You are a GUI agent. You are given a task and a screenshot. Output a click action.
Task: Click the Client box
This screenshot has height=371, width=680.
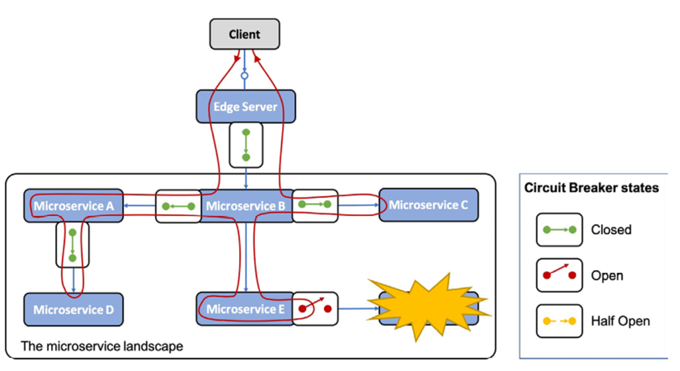pyautogui.click(x=245, y=34)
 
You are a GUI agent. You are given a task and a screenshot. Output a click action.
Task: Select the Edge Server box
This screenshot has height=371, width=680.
pyautogui.click(x=245, y=107)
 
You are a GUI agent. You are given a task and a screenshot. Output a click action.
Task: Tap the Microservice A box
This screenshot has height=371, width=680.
pyautogui.click(x=73, y=205)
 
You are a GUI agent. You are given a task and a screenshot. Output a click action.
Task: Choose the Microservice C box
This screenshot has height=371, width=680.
pyautogui.click(x=428, y=204)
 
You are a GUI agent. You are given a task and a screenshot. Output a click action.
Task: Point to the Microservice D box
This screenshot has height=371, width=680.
pyautogui.click(x=73, y=309)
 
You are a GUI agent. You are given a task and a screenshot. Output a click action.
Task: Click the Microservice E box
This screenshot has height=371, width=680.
pyautogui.click(x=244, y=309)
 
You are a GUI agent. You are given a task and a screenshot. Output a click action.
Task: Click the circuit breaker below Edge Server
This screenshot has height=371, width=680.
pyautogui.click(x=246, y=145)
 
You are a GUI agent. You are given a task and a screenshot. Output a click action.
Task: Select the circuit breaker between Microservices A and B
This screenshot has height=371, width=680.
pyautogui.click(x=178, y=206)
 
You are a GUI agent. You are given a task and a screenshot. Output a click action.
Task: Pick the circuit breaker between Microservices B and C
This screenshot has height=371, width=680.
pyautogui.click(x=314, y=205)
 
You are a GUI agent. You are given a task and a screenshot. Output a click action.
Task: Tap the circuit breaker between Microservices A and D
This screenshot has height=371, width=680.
pyautogui.click(x=73, y=244)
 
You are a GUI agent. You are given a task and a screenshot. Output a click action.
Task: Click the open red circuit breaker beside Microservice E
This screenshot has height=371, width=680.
pyautogui.click(x=314, y=308)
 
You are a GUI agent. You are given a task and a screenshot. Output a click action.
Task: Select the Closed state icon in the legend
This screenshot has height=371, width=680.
pyautogui.click(x=559, y=230)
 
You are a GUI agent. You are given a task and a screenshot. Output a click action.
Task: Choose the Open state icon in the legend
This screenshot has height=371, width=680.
pyautogui.click(x=559, y=275)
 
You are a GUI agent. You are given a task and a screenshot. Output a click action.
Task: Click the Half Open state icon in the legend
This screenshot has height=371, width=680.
pyautogui.click(x=559, y=320)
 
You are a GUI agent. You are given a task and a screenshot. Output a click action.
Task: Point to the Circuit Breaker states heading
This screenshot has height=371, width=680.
pyautogui.click(x=591, y=188)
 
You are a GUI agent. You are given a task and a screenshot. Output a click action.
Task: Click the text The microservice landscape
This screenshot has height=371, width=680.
pyautogui.click(x=102, y=347)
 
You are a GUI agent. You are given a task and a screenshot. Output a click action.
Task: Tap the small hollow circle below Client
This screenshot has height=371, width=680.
pyautogui.click(x=245, y=75)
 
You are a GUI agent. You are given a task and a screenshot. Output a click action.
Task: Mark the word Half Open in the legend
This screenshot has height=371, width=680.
pyautogui.click(x=620, y=320)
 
